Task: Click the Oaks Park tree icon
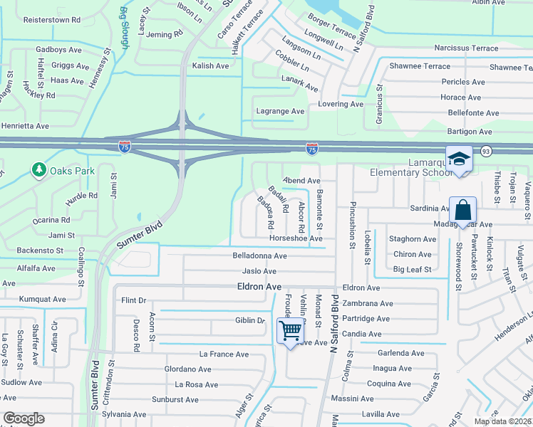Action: (38, 170)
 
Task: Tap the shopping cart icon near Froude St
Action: (290, 331)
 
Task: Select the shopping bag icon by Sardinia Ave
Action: (462, 211)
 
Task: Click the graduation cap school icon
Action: (460, 159)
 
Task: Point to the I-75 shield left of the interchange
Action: (125, 147)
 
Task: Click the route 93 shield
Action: (486, 151)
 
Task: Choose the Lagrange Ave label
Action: (280, 111)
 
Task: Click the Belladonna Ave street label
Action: (259, 255)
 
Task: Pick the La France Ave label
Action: (224, 354)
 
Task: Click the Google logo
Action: (24, 418)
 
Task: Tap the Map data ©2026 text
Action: (502, 421)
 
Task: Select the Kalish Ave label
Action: (210, 65)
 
